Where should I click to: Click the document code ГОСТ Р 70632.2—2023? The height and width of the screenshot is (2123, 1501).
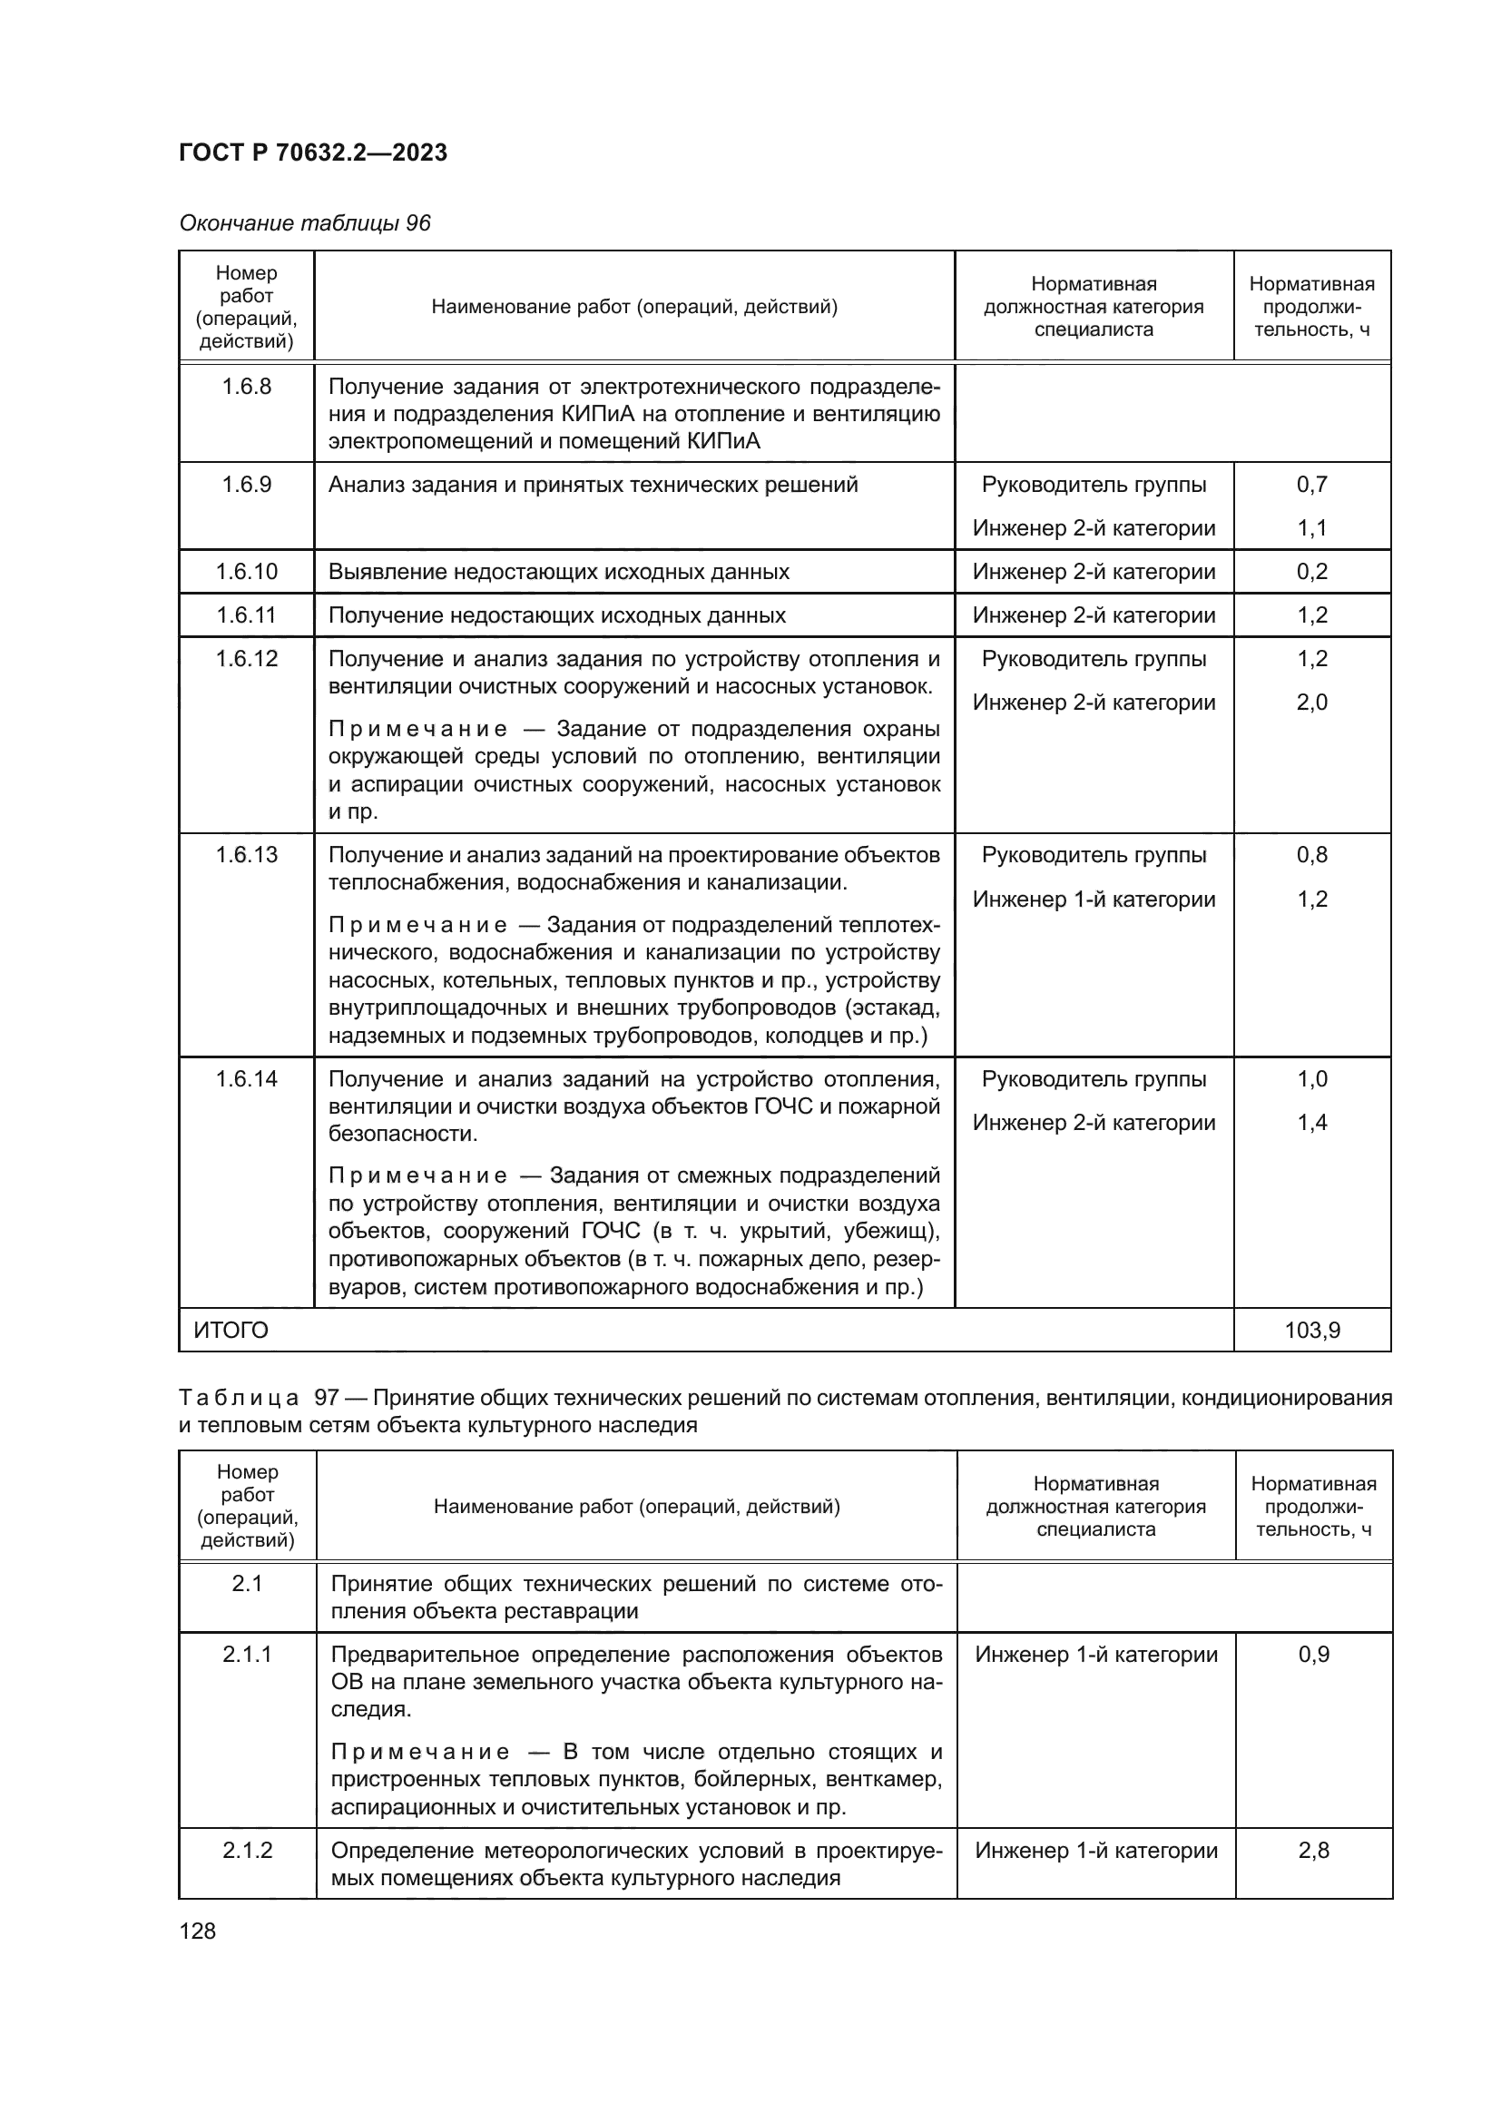point(312,152)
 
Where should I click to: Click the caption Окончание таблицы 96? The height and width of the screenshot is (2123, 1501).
point(304,224)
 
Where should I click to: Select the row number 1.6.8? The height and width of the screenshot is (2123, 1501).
point(247,387)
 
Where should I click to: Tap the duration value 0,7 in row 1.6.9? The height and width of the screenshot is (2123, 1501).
point(1311,485)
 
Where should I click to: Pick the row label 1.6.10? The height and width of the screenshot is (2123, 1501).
point(247,572)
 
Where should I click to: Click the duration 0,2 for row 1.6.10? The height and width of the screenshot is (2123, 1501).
point(1311,572)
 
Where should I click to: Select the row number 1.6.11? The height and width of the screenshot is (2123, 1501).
point(247,615)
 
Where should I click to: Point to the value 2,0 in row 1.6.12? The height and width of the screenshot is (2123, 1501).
point(1311,703)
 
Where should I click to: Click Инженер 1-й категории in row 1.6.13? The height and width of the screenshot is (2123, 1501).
point(1094,899)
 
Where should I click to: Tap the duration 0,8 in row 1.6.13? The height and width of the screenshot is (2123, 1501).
point(1311,855)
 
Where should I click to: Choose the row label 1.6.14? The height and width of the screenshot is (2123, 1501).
point(247,1079)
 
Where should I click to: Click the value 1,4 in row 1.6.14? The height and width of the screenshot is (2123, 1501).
point(1311,1124)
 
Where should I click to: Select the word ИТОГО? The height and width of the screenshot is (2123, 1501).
point(231,1331)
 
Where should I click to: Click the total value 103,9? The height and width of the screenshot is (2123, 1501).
point(1311,1331)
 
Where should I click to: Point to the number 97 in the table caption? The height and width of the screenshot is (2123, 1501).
point(327,1398)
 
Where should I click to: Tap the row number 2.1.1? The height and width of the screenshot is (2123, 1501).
point(247,1655)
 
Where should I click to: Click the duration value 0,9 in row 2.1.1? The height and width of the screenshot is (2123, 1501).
point(1313,1655)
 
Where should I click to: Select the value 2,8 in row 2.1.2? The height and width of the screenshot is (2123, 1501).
point(1313,1850)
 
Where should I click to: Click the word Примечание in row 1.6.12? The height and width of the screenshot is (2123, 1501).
point(417,730)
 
